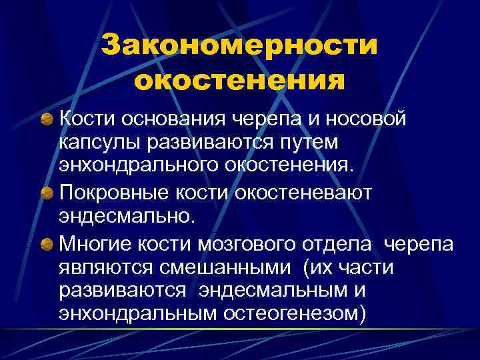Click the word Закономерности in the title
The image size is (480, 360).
239,47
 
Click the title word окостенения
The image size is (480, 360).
239,81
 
